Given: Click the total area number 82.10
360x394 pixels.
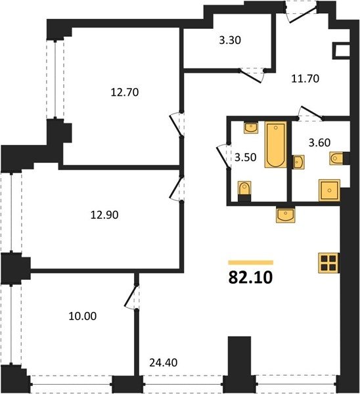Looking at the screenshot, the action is point(250,278).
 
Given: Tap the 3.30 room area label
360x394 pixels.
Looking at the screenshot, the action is point(230,40).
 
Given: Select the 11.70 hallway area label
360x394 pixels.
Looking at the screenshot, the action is point(305,79).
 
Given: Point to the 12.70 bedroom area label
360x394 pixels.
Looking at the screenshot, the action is point(125,93).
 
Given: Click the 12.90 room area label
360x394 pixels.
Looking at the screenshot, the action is point(104,215).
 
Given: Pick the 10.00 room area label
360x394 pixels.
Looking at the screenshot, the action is point(83,316).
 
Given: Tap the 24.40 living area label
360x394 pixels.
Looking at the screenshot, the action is point(164,362).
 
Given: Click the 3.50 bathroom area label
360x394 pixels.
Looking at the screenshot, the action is point(245,158).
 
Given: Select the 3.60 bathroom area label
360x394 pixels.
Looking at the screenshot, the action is point(319,142).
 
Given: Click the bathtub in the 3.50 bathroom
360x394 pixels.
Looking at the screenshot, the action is point(275,144).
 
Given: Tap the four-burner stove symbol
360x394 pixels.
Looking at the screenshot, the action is point(329,263).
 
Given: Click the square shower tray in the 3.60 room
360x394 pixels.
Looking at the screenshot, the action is point(329,190).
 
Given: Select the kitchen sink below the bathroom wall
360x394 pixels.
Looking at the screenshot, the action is point(285,215).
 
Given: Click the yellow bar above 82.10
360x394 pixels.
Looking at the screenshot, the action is point(251,263).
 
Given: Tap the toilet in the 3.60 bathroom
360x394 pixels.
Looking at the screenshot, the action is point(336,158).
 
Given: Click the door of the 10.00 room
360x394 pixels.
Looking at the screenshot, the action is point(130,296).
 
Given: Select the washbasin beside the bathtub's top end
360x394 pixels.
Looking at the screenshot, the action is point(251,127).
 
